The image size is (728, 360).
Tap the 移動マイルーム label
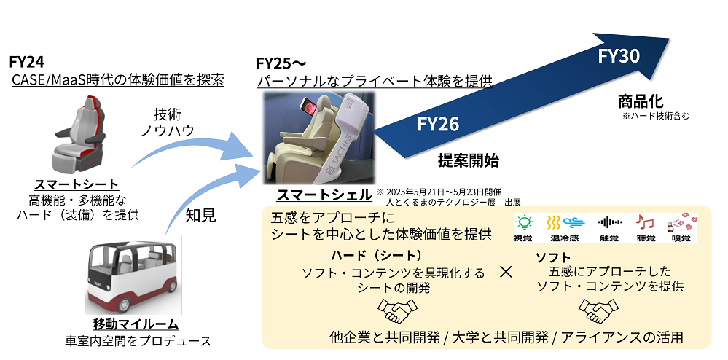pyautogui.click(x=136, y=324)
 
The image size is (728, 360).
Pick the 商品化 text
pyautogui.click(x=640, y=101)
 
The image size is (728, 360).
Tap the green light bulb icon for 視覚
pyautogui.click(x=522, y=222)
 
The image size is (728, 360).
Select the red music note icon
pyautogui.click(x=643, y=222)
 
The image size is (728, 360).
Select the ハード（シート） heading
pyautogui.click(x=376, y=256)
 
